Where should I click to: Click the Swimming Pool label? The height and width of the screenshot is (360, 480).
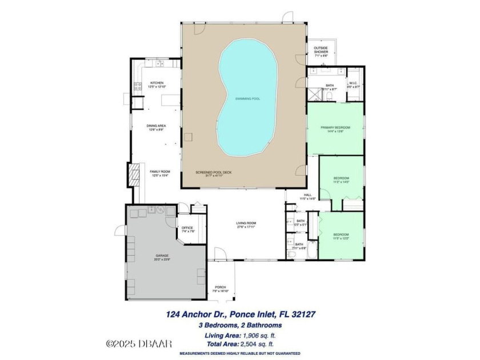pyautogui.click(x=247, y=99)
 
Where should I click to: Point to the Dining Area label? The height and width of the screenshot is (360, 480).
pyautogui.click(x=157, y=127)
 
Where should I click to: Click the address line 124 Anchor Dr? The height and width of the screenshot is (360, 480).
pyautogui.click(x=240, y=314)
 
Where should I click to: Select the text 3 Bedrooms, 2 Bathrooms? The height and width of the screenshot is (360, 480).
pyautogui.click(x=240, y=325)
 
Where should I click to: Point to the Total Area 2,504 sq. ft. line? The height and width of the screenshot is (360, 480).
pyautogui.click(x=240, y=345)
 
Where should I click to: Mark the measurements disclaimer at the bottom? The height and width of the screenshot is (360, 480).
pyautogui.click(x=240, y=354)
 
